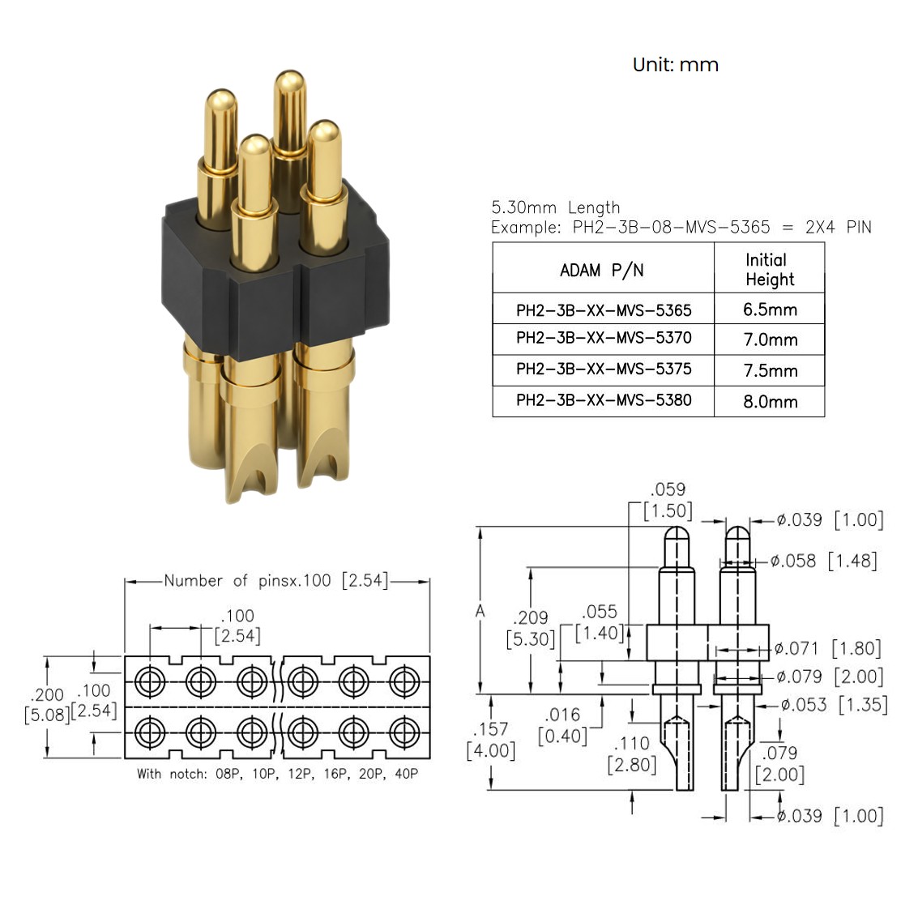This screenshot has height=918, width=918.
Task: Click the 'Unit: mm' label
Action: [676, 64]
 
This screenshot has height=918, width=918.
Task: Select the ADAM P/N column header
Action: [602, 271]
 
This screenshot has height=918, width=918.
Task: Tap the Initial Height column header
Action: [770, 269]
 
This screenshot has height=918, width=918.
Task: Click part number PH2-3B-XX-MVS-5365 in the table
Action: [604, 310]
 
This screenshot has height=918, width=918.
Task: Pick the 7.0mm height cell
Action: [771, 339]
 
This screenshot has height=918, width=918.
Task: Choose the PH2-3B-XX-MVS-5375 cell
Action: [604, 369]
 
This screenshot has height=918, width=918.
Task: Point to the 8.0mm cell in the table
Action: [771, 402]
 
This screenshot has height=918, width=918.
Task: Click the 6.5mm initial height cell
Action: [771, 310]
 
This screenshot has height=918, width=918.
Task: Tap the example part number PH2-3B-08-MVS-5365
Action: [671, 227]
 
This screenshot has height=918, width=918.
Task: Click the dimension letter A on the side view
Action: [480, 611]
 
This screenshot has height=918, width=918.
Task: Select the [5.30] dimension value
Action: [531, 638]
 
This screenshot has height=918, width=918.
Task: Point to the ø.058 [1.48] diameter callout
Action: [823, 561]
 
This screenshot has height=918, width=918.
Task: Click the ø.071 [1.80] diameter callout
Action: [827, 648]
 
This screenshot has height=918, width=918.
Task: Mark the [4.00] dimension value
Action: [491, 750]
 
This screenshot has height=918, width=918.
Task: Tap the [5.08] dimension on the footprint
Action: [47, 715]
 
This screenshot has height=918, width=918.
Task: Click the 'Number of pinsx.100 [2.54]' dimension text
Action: [276, 581]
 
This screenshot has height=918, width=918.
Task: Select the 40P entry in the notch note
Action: [406, 774]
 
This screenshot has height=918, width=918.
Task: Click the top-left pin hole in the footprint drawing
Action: [149, 681]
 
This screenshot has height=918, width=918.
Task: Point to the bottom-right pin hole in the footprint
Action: [404, 732]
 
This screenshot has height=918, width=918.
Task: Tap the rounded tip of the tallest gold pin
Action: [290, 80]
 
